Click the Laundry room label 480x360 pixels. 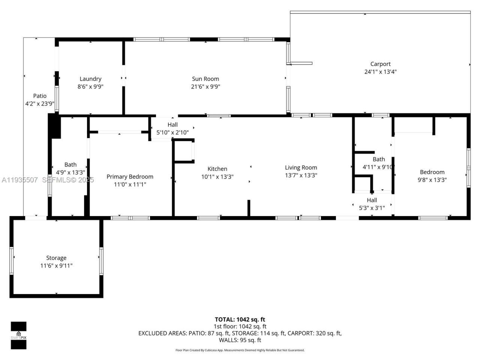(90, 79)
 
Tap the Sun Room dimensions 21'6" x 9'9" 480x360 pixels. (205, 87)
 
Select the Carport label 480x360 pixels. (380, 64)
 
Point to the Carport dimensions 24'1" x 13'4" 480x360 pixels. (380, 72)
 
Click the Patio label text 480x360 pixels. (40, 96)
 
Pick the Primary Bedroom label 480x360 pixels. (130, 177)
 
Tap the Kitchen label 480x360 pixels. (217, 169)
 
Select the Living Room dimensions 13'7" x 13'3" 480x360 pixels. (301, 175)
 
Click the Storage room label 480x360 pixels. (56, 258)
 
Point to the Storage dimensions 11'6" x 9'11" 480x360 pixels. (56, 266)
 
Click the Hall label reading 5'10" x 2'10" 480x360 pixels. (172, 125)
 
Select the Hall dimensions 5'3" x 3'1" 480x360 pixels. (372, 208)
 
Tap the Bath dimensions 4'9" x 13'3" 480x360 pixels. (70, 172)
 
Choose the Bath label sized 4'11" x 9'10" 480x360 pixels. (379, 159)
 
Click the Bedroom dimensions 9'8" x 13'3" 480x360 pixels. (432, 180)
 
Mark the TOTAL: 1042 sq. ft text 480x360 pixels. (240, 319)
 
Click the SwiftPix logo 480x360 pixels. (18, 335)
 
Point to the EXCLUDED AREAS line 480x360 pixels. (240, 333)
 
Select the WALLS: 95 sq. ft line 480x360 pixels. (240, 340)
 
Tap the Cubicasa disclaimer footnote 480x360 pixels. (240, 350)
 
